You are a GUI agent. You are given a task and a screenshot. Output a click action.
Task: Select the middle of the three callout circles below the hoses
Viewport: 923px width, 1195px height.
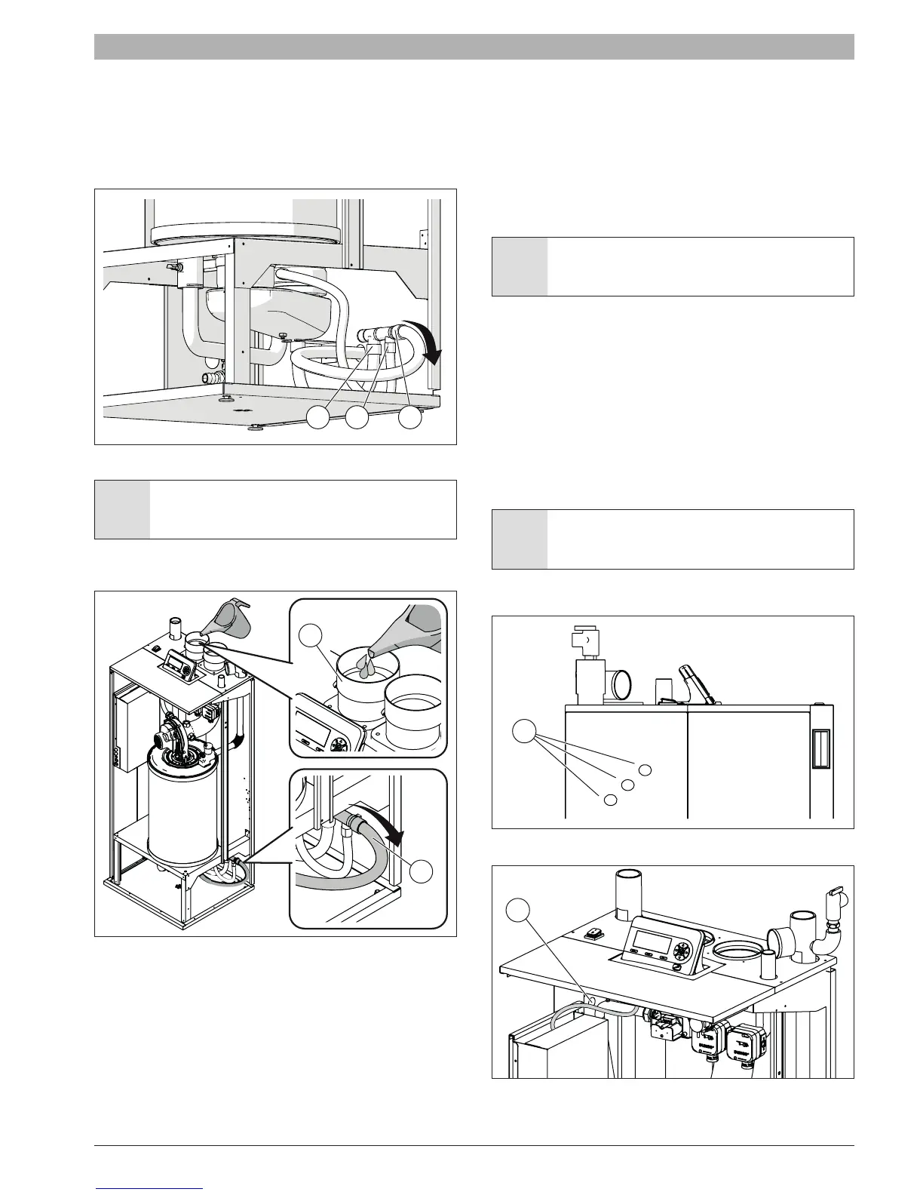[357, 416]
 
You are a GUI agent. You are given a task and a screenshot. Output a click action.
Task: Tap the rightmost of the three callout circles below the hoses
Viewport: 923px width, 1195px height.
[409, 416]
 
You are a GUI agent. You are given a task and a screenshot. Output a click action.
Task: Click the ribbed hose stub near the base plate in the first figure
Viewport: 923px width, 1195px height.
[212, 375]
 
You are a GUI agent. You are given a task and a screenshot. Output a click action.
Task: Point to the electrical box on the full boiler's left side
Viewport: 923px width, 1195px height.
[132, 732]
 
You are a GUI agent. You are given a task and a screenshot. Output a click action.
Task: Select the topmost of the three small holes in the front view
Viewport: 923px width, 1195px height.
[644, 769]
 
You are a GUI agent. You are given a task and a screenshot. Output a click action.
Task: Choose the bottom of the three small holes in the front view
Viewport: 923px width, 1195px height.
[610, 799]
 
